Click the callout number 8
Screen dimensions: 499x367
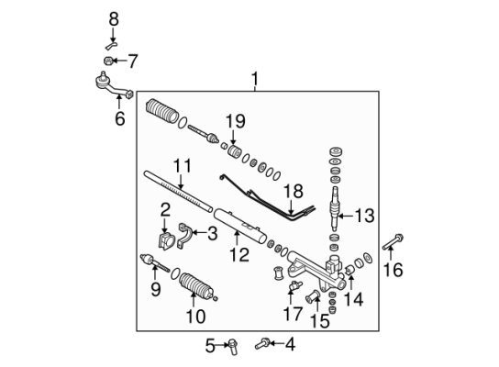click(114, 19)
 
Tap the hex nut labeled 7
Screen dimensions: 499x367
click(108, 61)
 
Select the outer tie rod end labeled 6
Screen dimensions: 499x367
click(114, 85)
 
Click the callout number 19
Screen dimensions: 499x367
click(236, 121)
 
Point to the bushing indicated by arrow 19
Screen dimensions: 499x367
click(236, 151)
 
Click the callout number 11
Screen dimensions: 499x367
click(183, 165)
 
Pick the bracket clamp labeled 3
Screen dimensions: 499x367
click(184, 236)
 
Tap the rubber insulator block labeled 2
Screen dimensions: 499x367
click(166, 241)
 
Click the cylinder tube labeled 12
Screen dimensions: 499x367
click(240, 226)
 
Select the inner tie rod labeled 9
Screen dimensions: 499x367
click(155, 263)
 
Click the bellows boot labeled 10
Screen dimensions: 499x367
click(196, 286)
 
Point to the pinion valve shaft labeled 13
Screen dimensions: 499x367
click(334, 209)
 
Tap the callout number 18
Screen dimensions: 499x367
click(294, 192)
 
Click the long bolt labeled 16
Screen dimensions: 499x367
click(393, 242)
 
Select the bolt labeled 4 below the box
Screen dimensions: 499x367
click(262, 344)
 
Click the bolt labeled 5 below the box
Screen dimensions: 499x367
click(233, 347)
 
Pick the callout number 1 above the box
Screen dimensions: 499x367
click(255, 79)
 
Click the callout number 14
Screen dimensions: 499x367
click(353, 299)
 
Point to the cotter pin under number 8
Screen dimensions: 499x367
click(111, 46)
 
